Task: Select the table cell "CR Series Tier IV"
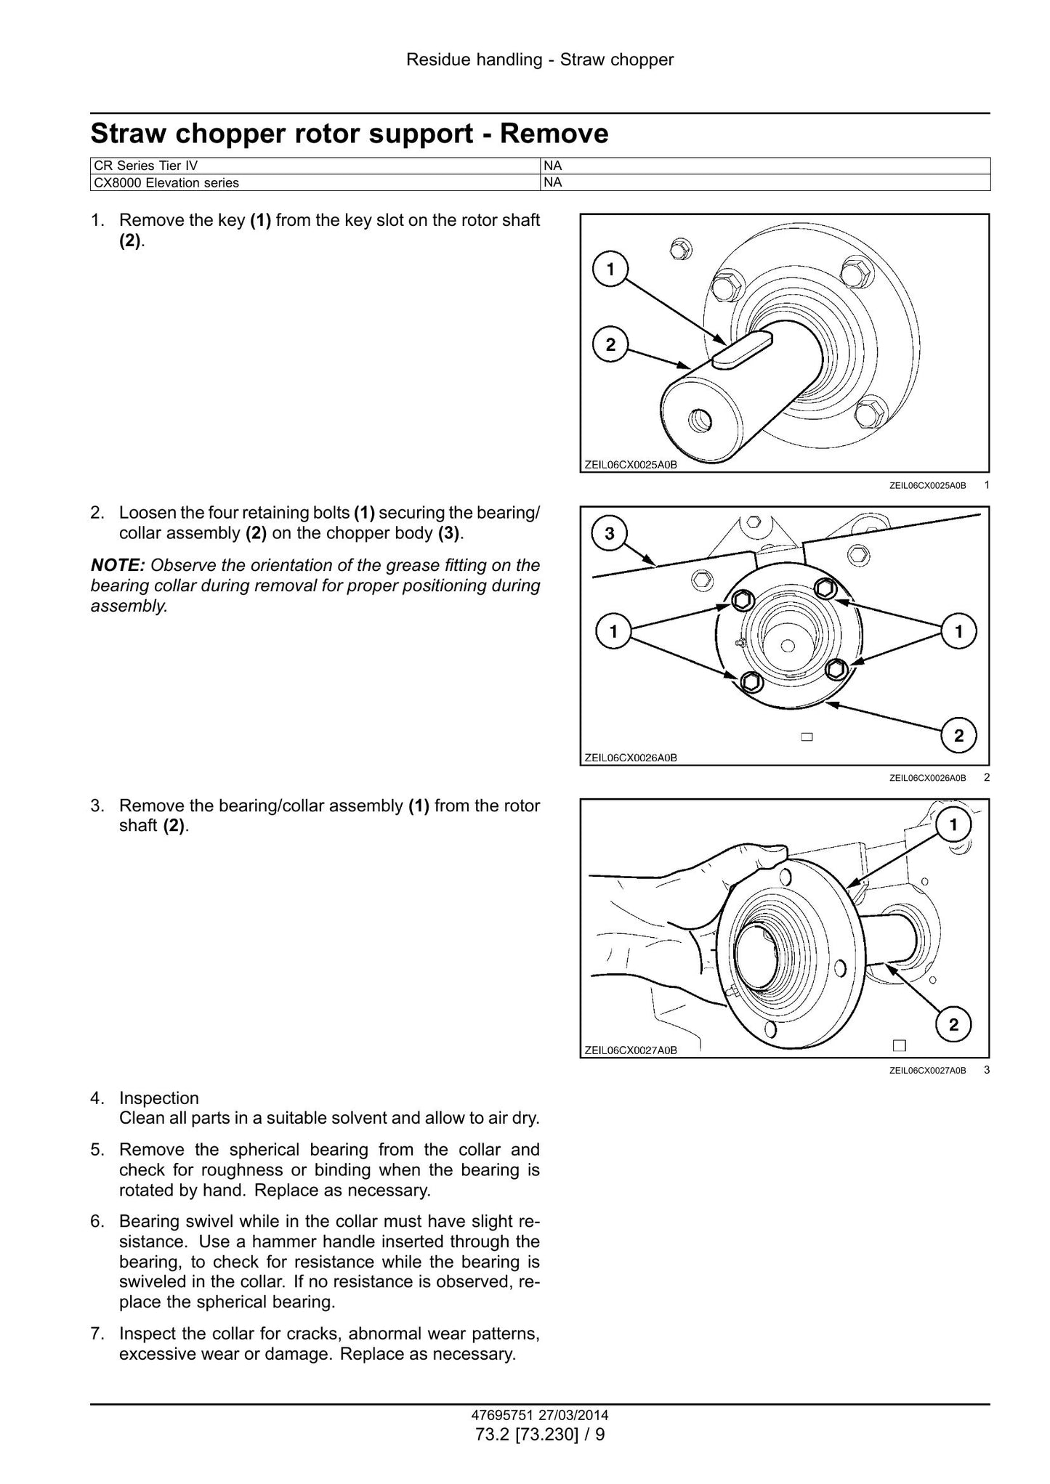(315, 166)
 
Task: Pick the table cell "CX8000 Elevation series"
(315, 182)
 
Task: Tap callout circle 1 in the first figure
(610, 269)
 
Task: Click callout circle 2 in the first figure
(610, 344)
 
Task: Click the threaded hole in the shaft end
(700, 418)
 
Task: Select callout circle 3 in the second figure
(610, 533)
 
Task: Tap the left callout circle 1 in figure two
(613, 631)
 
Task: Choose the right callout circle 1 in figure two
(958, 631)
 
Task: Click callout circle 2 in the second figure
(958, 736)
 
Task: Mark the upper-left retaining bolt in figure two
(740, 599)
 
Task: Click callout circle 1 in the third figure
(953, 824)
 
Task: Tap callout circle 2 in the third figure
(953, 1024)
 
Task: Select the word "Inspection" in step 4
(159, 1098)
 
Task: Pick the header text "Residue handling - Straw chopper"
(540, 60)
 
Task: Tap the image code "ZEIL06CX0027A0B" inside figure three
(631, 1050)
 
